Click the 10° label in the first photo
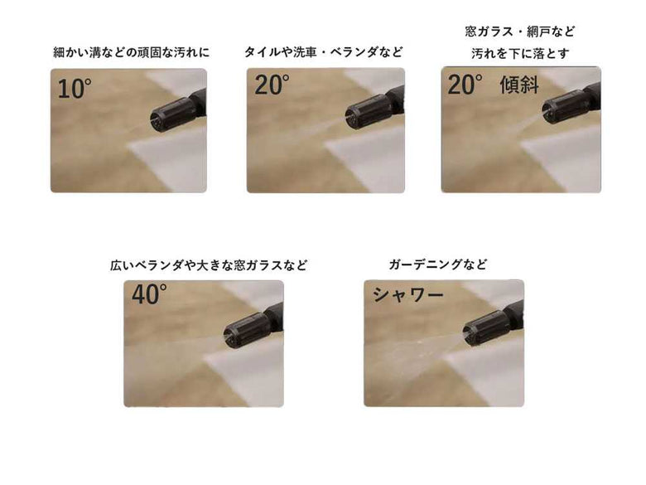pos(74,89)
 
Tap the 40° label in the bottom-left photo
pos(149,295)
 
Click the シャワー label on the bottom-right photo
pos(408,295)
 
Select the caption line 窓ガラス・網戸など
pos(520,32)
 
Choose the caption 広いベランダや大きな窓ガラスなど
pos(209,265)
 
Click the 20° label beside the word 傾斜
pos(465,85)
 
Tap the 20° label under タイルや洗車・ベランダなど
pos(272,85)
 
